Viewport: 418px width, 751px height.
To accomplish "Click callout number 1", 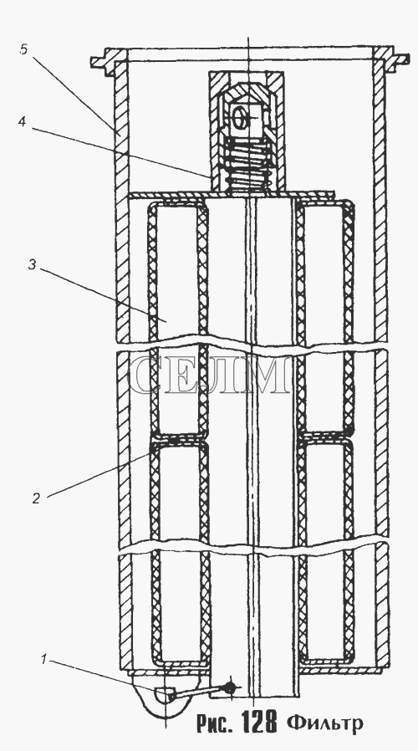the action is [43, 660].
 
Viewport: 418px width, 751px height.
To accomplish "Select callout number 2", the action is [37, 498].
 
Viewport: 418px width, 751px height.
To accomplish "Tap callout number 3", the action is [32, 265].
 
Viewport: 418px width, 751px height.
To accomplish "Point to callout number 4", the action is [22, 121].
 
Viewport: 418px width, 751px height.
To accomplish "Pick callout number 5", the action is [24, 49].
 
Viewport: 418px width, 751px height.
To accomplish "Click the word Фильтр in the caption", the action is [325, 723].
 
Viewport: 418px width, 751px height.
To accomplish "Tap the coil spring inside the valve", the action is [248, 162].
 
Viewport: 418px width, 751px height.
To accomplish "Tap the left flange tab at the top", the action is [101, 62].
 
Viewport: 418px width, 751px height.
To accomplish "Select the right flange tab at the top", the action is [400, 59].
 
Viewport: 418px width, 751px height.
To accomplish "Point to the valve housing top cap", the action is [246, 77].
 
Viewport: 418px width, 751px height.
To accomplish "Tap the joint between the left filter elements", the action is [179, 437].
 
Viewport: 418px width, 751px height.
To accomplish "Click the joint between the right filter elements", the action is [324, 437].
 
